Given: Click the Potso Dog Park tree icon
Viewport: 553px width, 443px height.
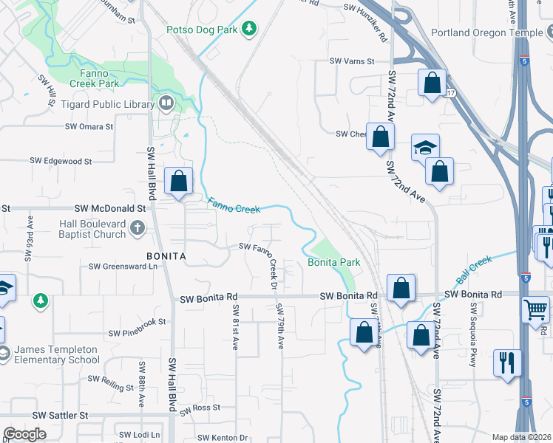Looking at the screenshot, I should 251,28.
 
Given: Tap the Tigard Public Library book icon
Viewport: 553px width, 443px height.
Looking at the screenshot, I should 167,104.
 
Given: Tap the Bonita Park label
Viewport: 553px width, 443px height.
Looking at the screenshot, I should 333,262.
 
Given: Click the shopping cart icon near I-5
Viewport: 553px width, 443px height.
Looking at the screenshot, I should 535,308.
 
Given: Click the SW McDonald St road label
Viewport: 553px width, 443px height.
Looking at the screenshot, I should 111,209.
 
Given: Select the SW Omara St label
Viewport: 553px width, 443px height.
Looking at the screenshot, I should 89,126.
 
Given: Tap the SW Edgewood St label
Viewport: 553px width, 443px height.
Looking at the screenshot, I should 61,160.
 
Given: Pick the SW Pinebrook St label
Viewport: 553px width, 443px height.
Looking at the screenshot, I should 136,322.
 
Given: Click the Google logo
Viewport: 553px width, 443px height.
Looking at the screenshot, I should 24,434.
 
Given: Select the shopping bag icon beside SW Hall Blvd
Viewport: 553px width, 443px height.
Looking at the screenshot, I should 179,180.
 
